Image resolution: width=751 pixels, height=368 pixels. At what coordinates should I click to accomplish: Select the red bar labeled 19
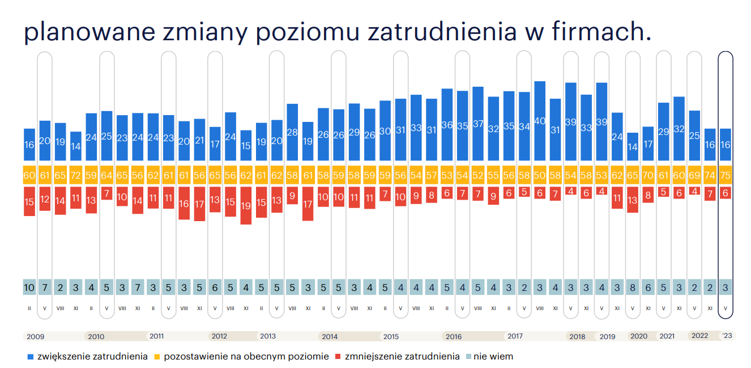[x=246, y=205]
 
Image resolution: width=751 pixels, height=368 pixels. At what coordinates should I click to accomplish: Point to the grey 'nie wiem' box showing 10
[x=29, y=287]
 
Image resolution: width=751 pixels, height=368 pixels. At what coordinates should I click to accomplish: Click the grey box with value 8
[x=633, y=287]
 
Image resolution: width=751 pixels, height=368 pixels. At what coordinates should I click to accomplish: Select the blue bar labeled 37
[x=478, y=124]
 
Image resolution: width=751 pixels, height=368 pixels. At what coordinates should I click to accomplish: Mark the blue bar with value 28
[x=292, y=132]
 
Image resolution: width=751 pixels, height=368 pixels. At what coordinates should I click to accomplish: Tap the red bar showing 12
[x=45, y=199]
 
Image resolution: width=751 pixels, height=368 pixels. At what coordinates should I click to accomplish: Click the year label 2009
[x=35, y=336]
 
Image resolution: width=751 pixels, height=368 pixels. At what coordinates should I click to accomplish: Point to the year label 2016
[x=454, y=336]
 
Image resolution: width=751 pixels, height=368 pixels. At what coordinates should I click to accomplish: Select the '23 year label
[x=727, y=336]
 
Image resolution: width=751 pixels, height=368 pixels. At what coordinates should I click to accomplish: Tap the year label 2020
[x=639, y=336]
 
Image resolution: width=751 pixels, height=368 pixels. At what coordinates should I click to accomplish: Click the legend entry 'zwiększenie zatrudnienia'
[x=92, y=357]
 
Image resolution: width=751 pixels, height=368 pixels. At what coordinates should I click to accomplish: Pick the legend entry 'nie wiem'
[x=493, y=357]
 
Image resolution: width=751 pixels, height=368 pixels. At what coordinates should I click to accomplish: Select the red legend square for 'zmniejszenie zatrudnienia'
[x=339, y=357]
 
